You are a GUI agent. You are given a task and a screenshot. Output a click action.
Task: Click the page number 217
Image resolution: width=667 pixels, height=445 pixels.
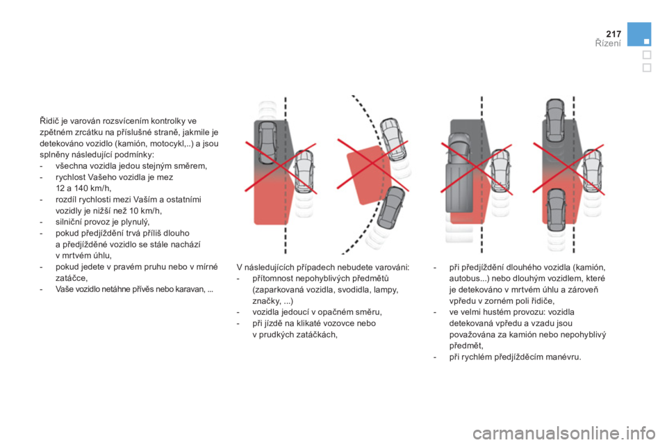(614, 33)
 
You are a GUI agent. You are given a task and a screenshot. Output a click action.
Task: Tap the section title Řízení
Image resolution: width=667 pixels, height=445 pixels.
(608, 43)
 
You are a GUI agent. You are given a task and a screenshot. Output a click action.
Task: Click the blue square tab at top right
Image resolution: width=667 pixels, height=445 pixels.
(639, 34)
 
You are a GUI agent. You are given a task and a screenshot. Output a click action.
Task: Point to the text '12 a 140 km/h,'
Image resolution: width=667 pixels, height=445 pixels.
(83, 188)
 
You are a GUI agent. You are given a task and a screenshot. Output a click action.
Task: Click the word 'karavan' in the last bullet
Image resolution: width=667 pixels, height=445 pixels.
(190, 289)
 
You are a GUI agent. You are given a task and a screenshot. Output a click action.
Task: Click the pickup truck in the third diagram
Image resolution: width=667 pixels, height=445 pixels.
(459, 173)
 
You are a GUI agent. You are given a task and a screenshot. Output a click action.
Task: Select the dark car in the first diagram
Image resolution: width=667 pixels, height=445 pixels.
(267, 143)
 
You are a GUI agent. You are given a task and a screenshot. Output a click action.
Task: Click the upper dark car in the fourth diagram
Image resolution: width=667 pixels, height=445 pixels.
(555, 122)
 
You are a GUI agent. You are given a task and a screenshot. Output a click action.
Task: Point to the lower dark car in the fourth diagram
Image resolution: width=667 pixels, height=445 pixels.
(556, 211)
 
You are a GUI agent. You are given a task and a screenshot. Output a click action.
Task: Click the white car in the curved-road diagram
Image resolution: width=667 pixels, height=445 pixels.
(394, 139)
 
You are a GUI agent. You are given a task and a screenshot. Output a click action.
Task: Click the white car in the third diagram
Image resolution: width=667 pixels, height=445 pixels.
(501, 171)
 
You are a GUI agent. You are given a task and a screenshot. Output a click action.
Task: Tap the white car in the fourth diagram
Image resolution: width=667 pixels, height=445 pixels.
(592, 171)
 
